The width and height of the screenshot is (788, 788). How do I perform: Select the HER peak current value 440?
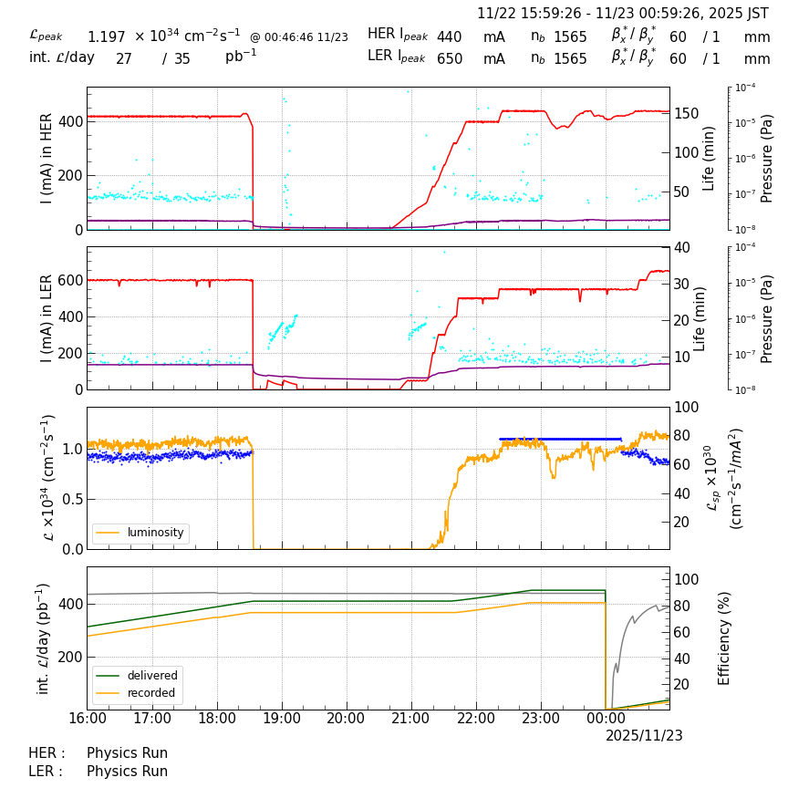pos(449,36)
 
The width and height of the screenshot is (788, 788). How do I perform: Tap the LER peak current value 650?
pos(449,59)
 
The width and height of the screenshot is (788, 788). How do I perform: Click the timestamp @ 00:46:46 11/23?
pos(298,37)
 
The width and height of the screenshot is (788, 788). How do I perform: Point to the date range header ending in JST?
pos(623,14)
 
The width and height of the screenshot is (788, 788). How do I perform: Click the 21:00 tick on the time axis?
pos(410,719)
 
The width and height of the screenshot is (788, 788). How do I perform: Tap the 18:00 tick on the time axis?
pos(217,719)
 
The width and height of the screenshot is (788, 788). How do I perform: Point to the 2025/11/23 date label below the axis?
pos(644,736)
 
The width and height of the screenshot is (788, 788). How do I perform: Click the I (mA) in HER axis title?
pos(47,159)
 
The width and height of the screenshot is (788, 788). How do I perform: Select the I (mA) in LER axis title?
pos(47,318)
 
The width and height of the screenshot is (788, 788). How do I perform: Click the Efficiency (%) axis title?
pos(725,638)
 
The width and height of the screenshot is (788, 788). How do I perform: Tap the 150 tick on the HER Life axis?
pos(687,113)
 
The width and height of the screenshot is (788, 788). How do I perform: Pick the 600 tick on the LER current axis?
pos(71,280)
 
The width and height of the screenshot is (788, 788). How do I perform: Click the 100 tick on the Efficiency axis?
pos(686,579)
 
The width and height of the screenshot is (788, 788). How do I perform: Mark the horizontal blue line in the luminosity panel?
pos(560,439)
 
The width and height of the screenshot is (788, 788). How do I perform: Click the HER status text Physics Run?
pos(127,753)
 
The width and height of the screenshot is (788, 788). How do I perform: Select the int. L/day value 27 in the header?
pos(124,59)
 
